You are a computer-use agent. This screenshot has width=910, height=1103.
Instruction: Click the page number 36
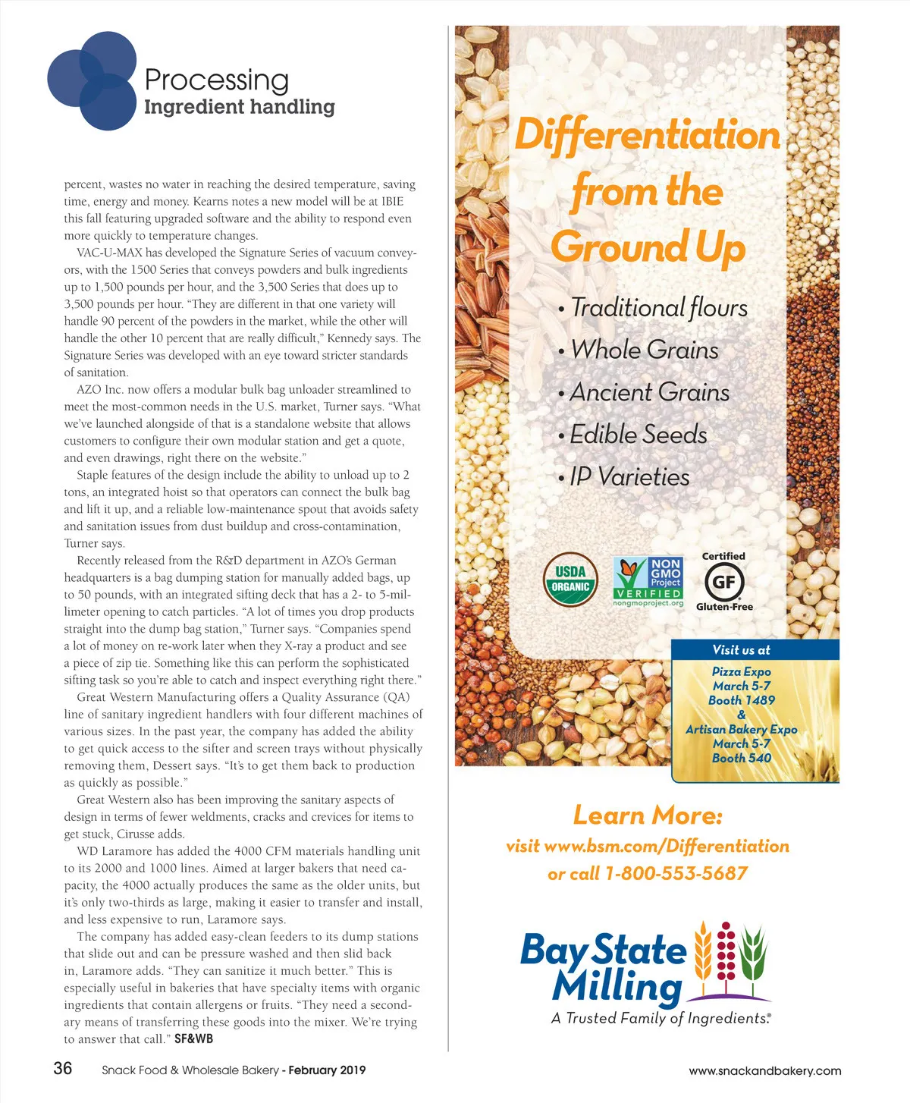[62, 1068]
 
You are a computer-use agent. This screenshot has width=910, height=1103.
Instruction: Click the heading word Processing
[216, 79]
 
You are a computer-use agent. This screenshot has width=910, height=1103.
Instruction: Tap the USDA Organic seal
[570, 580]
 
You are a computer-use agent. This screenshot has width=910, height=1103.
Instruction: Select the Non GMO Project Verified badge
[648, 580]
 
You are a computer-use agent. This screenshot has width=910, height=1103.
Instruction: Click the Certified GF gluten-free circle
[723, 582]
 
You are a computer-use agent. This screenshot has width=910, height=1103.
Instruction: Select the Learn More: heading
[648, 815]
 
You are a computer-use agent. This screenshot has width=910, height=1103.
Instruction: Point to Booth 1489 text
[741, 700]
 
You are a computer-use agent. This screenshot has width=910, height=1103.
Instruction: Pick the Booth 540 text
[741, 757]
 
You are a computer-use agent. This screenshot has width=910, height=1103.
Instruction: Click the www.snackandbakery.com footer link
[764, 1070]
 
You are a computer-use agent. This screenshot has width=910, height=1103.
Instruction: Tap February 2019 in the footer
[327, 1070]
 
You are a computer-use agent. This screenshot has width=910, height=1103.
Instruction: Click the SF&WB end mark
[193, 1039]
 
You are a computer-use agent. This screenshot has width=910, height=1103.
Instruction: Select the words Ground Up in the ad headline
[648, 247]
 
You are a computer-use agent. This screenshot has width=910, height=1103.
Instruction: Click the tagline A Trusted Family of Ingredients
[661, 1018]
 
